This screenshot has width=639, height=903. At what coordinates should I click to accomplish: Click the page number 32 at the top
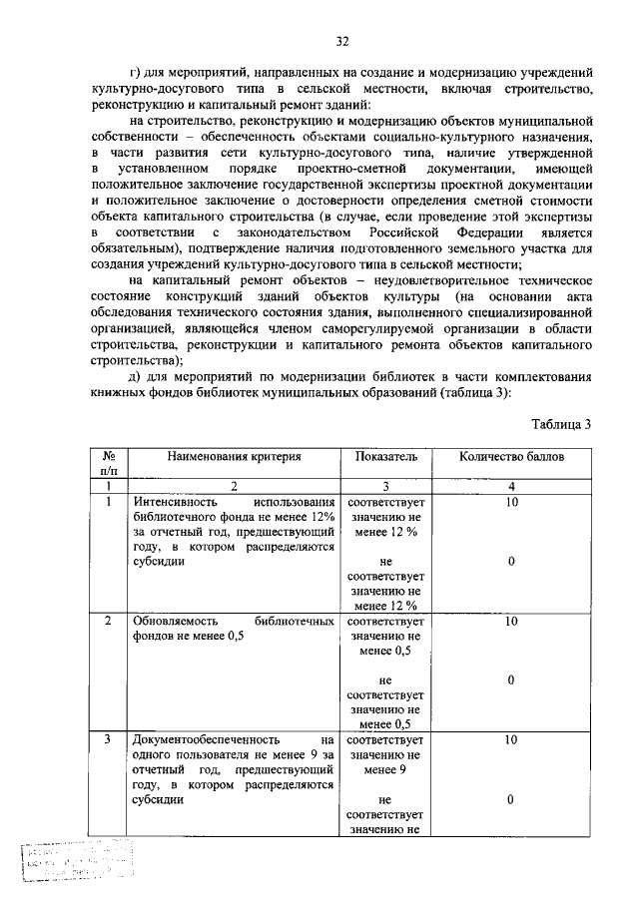[x=341, y=41]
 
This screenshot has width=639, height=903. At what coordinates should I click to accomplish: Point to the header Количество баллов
[x=510, y=456]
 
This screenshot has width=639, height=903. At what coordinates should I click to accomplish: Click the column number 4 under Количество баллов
[x=510, y=485]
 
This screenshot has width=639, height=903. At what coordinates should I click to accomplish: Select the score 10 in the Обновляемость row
[x=510, y=620]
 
